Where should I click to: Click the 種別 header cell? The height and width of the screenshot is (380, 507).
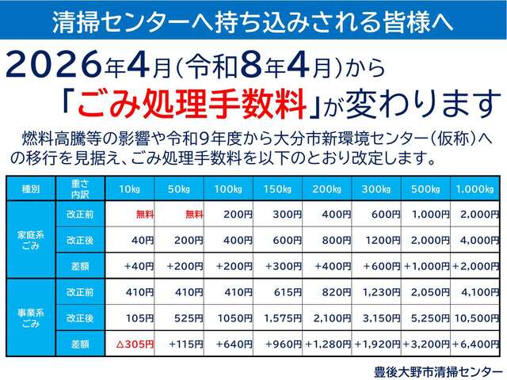30,189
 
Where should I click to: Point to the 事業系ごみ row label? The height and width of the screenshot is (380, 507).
30,317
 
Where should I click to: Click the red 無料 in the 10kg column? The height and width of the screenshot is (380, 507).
144,214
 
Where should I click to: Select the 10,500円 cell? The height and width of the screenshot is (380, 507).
477,317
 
